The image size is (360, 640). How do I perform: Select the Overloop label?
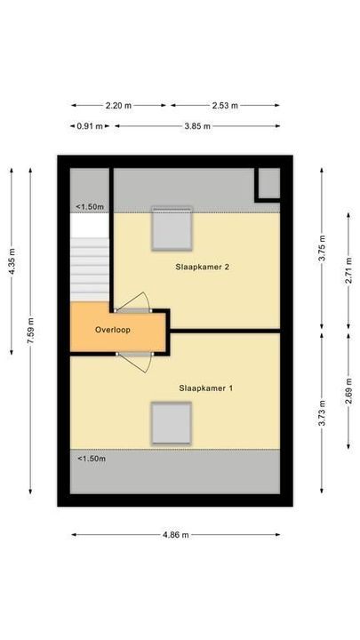pos(113,330)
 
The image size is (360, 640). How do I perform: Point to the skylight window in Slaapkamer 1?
pos(171,424)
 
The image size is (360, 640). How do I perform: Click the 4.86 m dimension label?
pos(175,535)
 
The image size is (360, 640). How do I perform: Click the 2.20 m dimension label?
pos(118,105)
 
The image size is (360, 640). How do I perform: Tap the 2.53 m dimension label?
pos(225,105)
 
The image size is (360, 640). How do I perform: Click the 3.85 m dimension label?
pos(196,126)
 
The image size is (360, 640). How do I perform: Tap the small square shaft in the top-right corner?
pos(268,184)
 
